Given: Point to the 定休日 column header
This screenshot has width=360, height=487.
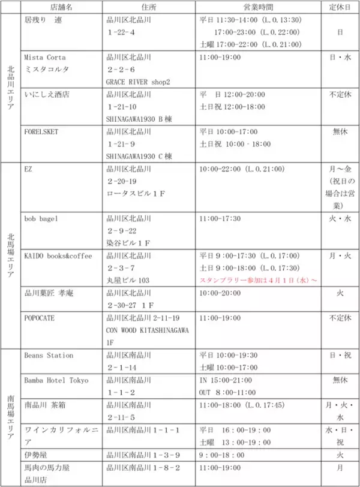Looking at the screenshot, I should (x=340, y=7).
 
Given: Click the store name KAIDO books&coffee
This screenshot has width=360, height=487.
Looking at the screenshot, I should (x=58, y=256).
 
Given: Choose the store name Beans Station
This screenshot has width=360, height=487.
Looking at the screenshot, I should (x=49, y=356).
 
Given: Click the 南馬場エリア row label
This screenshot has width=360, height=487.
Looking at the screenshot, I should (x=10, y=416).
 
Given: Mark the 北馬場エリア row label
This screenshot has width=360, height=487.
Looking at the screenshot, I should (x=10, y=255).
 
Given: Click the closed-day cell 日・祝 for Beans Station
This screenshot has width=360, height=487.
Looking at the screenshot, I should (x=340, y=356).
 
